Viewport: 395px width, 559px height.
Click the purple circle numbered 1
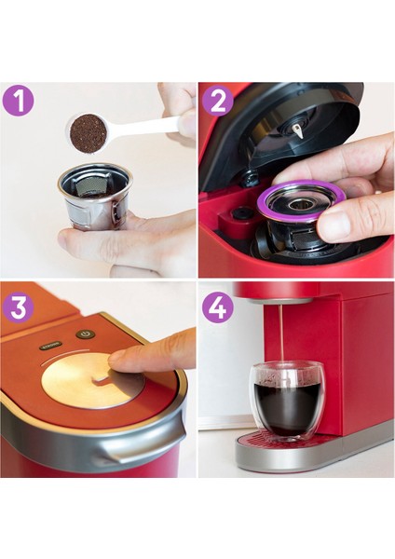point(18,101)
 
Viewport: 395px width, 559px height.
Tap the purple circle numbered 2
point(217,101)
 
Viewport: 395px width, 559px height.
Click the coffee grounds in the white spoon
point(89,132)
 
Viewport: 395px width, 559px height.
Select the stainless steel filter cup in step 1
point(93,198)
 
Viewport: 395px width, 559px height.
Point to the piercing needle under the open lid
point(298,131)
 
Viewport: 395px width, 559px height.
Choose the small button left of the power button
point(48,345)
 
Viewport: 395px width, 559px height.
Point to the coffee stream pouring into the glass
point(282,335)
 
